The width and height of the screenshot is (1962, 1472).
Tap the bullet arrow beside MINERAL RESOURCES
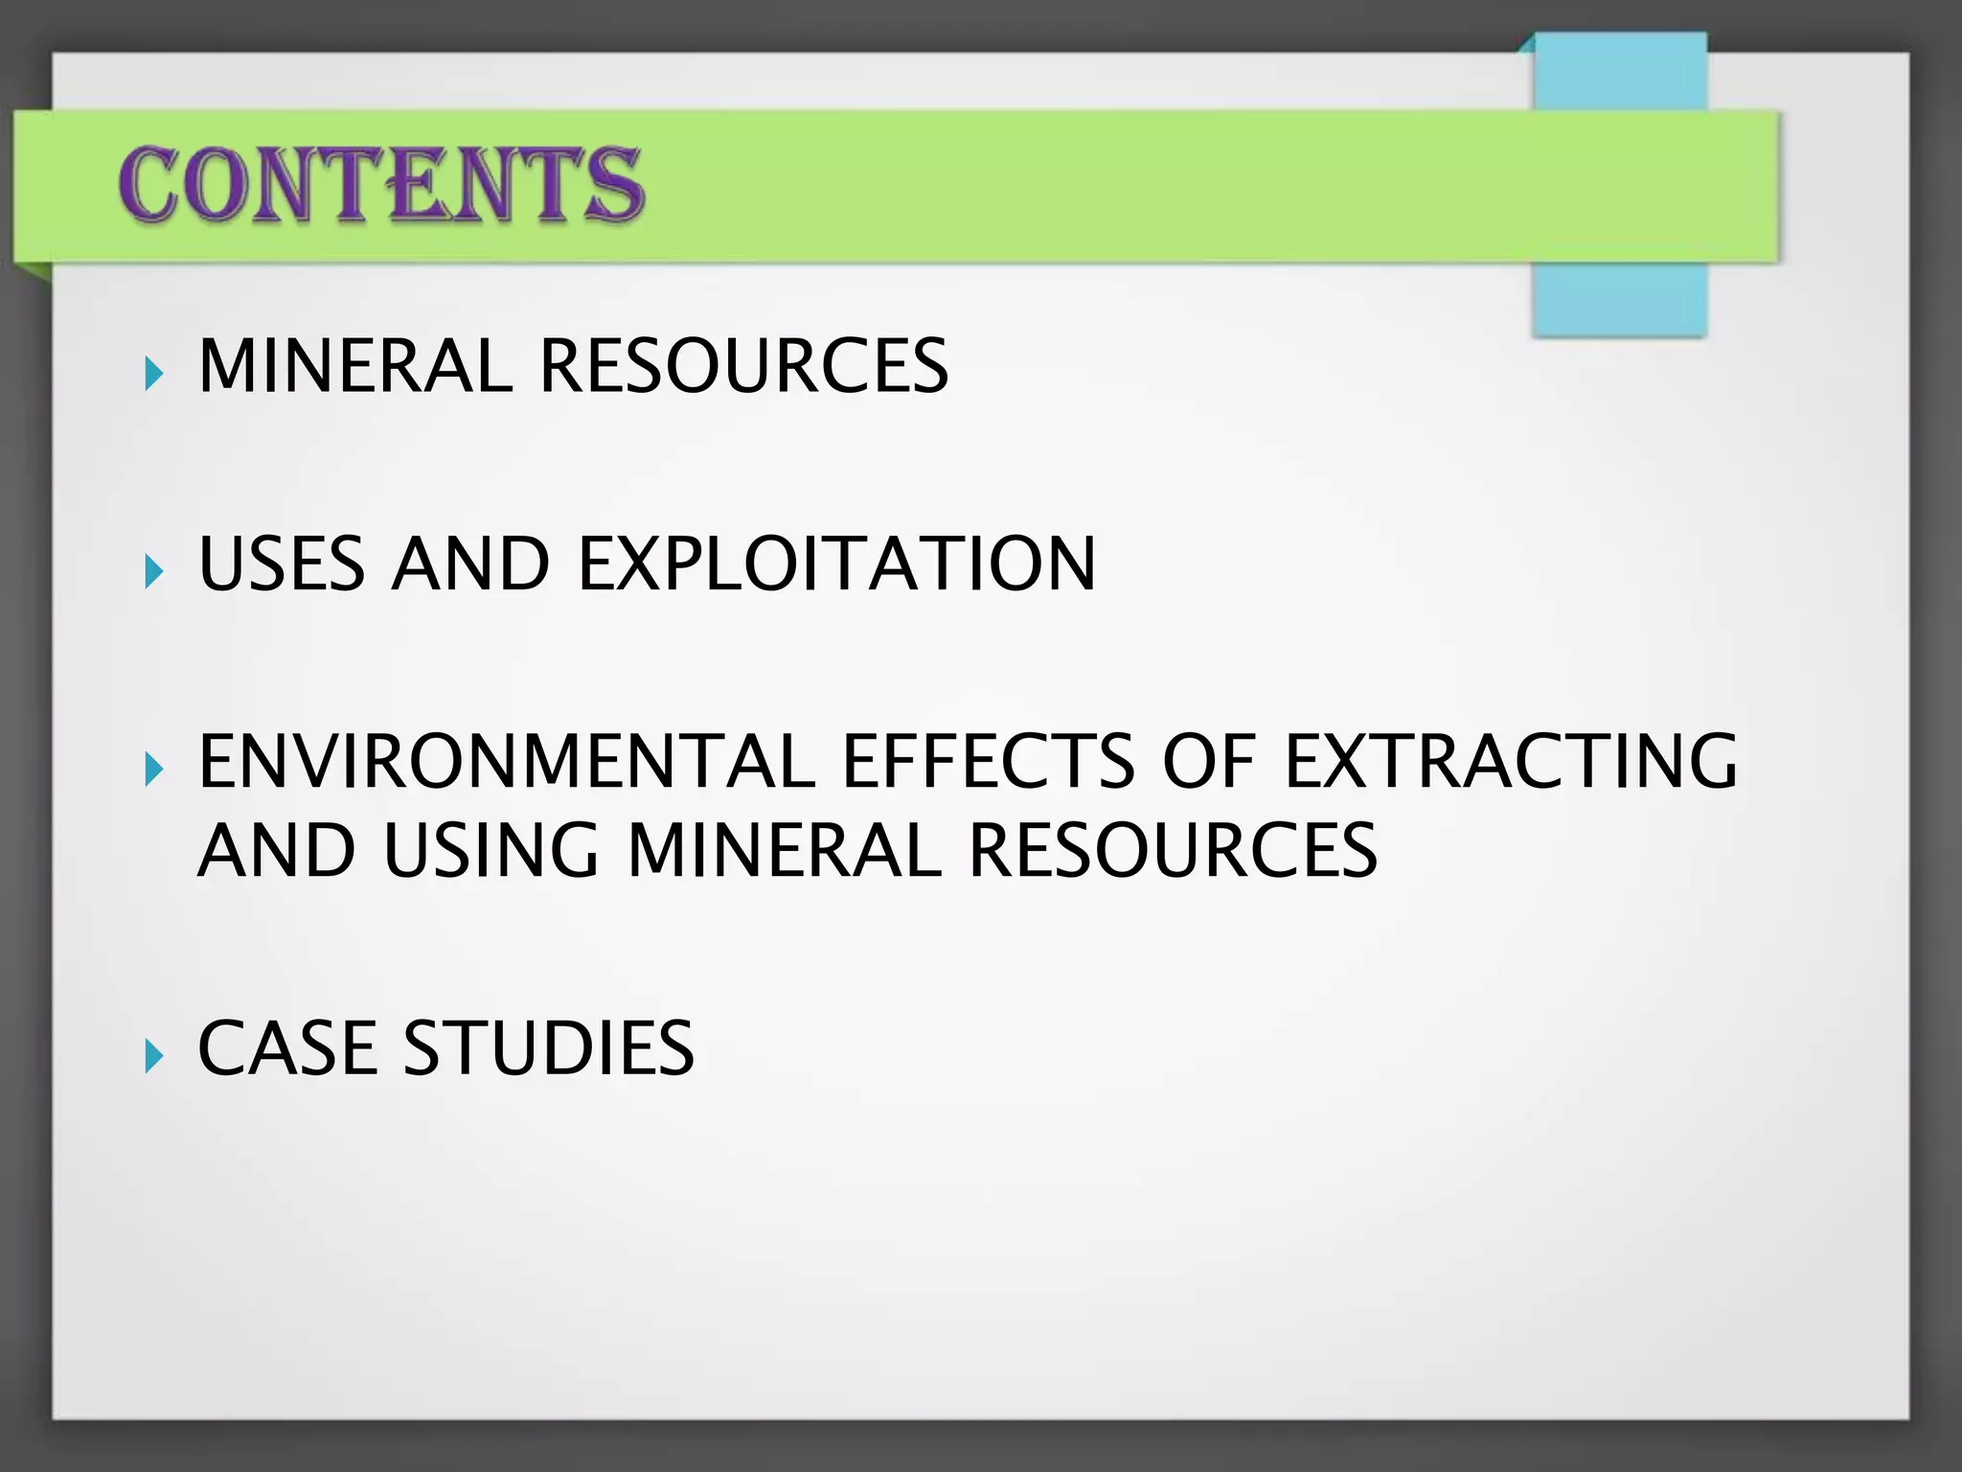pyautogui.click(x=153, y=374)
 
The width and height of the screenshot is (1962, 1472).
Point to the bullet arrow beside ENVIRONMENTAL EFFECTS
pyautogui.click(x=153, y=769)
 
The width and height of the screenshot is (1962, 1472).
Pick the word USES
pyautogui.click(x=281, y=563)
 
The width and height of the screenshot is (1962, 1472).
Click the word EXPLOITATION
pyautogui.click(x=836, y=563)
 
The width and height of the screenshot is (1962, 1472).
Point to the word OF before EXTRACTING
pyautogui.click(x=1208, y=761)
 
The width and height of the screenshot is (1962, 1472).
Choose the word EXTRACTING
pyautogui.click(x=1510, y=761)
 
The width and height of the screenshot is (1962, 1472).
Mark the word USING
pyautogui.click(x=490, y=850)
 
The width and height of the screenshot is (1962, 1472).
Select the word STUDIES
pyautogui.click(x=548, y=1047)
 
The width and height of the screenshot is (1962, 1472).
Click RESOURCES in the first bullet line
pyautogui.click(x=743, y=366)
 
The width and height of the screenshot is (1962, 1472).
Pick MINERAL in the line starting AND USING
pyautogui.click(x=785, y=850)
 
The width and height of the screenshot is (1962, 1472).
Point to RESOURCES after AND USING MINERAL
pyautogui.click(x=1173, y=850)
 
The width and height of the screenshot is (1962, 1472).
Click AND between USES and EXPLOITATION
pyautogui.click(x=469, y=563)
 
